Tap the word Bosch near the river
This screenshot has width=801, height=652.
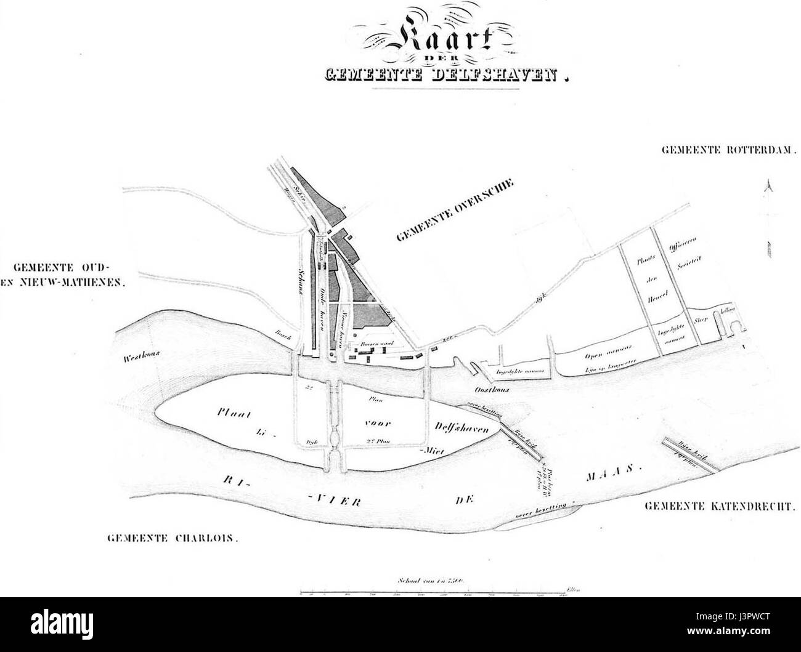pos(283,335)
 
